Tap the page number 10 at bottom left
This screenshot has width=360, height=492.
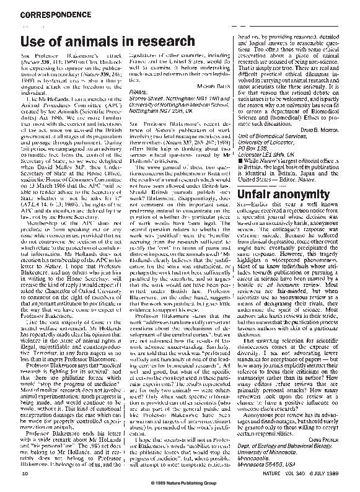pos(25,473)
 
